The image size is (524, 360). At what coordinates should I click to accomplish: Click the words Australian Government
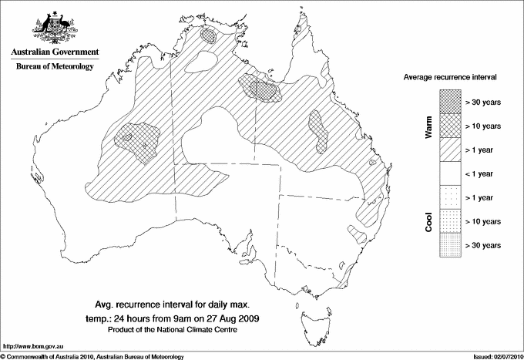[x=55, y=53]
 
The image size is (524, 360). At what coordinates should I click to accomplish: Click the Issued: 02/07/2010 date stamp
[x=496, y=355]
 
